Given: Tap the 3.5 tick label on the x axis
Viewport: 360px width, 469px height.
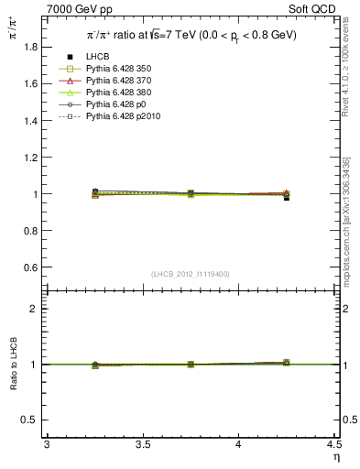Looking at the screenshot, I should pos(143,443).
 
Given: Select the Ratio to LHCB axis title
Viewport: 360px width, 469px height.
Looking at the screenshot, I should pos(14,365).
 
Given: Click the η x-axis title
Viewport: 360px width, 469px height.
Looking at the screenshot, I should pos(336,455).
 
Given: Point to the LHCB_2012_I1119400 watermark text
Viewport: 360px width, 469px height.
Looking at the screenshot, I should pos(191,274).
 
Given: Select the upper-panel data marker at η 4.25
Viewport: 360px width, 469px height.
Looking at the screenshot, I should pos(287,197).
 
